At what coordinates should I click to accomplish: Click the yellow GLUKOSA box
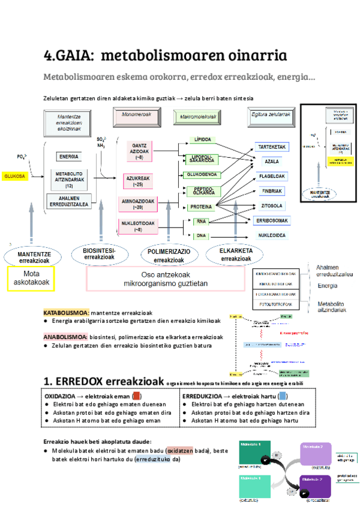click(x=14, y=176)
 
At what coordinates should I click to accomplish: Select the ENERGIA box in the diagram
click(x=68, y=157)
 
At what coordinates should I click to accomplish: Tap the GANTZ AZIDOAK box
click(x=139, y=151)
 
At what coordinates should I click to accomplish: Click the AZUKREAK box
click(x=139, y=179)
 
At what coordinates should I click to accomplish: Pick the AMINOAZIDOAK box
click(x=139, y=204)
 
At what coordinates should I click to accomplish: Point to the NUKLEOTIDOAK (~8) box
click(x=139, y=226)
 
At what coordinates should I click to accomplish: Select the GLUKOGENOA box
click(x=201, y=175)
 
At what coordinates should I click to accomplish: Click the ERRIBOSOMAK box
click(x=274, y=221)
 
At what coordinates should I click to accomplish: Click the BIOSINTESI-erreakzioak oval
click(x=99, y=253)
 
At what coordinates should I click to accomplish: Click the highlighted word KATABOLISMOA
click(x=66, y=313)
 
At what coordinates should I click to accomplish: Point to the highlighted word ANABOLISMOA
click(x=65, y=337)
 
